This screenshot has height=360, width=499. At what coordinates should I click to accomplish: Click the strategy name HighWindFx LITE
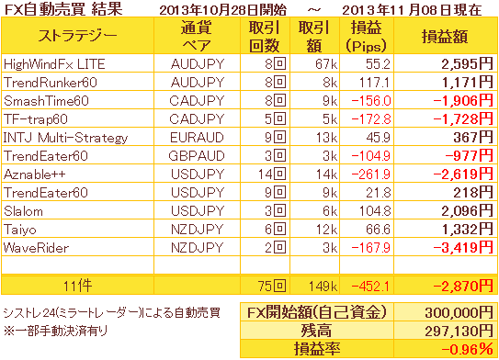pos(54,64)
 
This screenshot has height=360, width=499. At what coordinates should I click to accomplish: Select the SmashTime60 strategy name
pos(46,101)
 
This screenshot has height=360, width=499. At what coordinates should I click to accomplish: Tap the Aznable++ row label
pos(34,174)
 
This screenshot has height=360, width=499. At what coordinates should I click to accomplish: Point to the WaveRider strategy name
pos(36,248)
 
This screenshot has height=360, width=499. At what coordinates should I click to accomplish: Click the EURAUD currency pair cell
pos(197,138)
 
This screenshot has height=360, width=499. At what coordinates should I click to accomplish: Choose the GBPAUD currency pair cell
pos(197,156)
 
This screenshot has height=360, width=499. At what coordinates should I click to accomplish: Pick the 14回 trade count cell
pos(272,174)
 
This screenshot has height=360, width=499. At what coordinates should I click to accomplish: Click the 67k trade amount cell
pos(326,64)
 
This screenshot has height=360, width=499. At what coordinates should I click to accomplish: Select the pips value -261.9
pos(370,174)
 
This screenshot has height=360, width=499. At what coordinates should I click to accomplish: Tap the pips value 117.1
pos(374,83)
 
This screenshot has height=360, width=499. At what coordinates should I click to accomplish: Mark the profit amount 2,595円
pos(467,64)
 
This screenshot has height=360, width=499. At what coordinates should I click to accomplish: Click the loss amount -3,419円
pos(463,248)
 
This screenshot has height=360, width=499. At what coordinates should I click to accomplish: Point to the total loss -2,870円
pos(463,287)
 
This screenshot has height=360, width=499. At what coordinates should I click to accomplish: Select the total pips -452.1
pos(370,287)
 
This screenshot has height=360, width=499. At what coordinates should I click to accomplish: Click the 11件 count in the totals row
pos(77,287)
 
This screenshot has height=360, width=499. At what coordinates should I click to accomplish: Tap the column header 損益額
pos(445,37)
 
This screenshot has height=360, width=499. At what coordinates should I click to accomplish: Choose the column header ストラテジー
pos(77,35)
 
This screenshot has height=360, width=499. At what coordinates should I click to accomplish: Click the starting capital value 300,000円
pos(459,313)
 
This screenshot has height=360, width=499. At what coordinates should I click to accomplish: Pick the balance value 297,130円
pos(459,332)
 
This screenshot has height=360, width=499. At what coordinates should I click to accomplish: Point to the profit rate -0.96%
pos(467,350)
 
